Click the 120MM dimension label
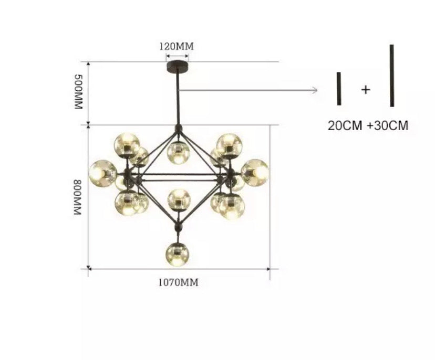click(x=177, y=46)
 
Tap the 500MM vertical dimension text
click(x=78, y=92)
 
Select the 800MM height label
click(x=77, y=197)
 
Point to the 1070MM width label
click(x=179, y=283)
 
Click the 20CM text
click(x=345, y=126)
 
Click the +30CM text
click(x=388, y=126)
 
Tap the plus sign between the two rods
click(x=366, y=90)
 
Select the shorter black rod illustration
click(x=339, y=89)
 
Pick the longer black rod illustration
click(x=392, y=76)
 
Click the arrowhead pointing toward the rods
click(x=315, y=90)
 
